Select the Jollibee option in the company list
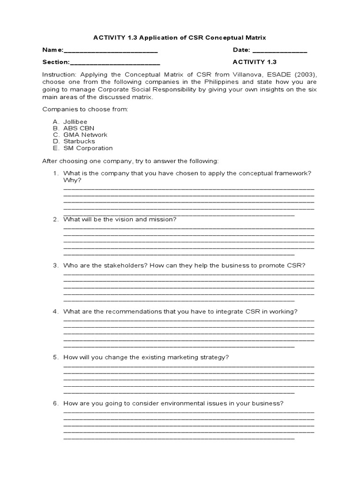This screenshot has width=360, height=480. [75, 122]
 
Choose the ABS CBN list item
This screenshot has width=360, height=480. [76, 128]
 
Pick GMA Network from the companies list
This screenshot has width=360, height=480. [85, 135]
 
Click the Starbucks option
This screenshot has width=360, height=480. [79, 141]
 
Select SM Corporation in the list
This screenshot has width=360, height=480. [88, 148]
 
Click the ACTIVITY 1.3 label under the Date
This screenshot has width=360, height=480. [255, 62]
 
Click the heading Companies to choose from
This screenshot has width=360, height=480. [85, 109]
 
